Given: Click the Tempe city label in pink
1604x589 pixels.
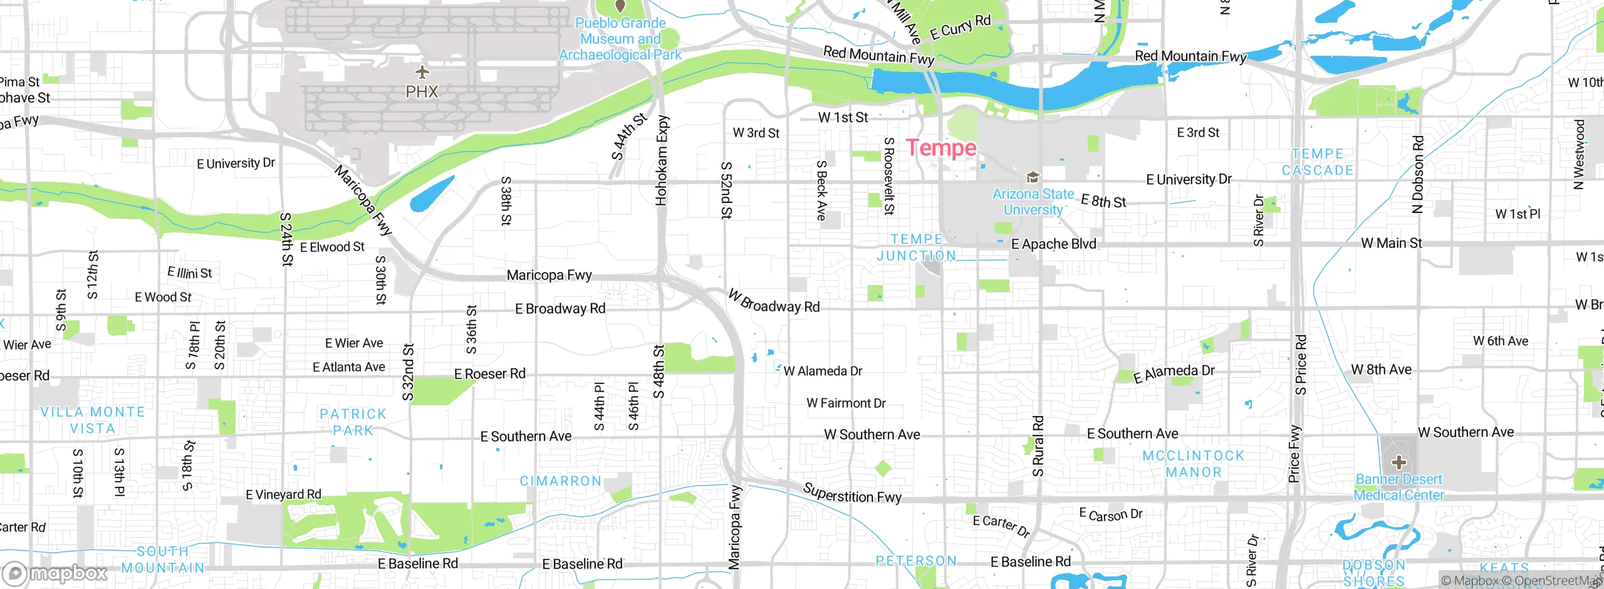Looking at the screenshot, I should point(941,149).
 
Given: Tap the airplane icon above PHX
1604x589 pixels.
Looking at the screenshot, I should point(422,71).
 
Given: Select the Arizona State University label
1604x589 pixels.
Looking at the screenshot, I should point(1033,202).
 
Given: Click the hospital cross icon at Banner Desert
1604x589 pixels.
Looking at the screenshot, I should point(1399,463).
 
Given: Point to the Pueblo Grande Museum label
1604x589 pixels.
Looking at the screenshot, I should point(620,39).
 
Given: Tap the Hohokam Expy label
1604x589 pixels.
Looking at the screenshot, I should point(662,160).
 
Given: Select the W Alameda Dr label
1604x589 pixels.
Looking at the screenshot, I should point(823,371).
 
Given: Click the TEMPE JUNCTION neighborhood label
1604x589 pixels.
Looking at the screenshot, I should point(917,248).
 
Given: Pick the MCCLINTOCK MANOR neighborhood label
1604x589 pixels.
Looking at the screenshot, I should point(1193,464).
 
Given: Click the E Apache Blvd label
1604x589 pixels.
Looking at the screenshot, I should point(1054,244).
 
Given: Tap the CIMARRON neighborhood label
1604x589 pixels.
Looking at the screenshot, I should point(561,481).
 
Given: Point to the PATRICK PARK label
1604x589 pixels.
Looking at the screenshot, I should point(353,422).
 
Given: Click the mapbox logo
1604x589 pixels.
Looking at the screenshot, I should point(55,573).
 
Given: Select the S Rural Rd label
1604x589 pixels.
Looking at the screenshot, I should point(1038,446).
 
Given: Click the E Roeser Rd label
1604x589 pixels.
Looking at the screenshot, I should point(489,374).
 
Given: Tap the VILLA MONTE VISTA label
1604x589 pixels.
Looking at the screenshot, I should point(92,420).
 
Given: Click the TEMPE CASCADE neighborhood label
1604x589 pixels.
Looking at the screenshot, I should point(1317,162).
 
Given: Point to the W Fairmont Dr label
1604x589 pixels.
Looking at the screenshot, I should point(846,403).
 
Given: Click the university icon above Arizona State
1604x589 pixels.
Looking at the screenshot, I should point(1033,177).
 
